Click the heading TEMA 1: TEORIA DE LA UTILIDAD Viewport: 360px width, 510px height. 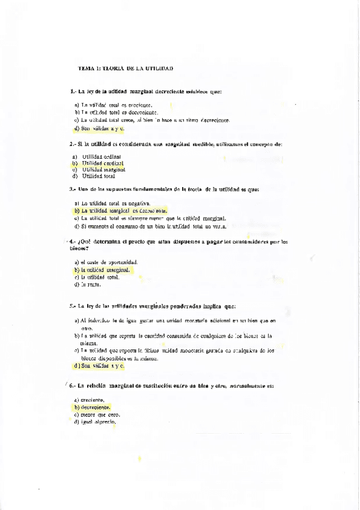(126, 69)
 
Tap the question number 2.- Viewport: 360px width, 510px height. (72, 144)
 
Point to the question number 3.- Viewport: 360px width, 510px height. (72, 189)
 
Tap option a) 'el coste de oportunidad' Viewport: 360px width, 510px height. (106, 262)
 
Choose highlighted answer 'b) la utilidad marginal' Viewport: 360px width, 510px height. (102, 270)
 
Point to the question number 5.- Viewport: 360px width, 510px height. (72, 306)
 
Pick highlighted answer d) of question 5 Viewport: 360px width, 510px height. (99, 365)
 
